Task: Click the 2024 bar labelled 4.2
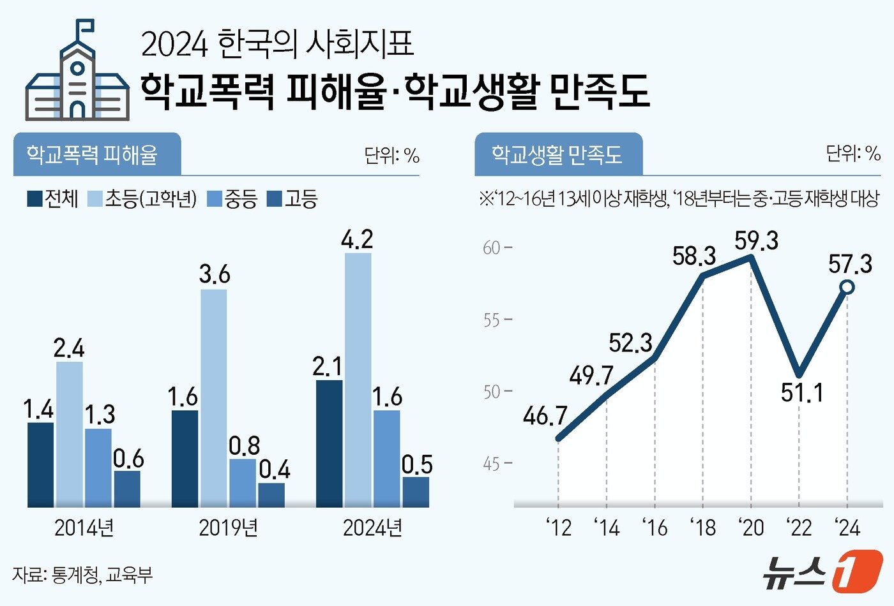pyautogui.click(x=358, y=380)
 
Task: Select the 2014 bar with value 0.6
pyautogui.click(x=127, y=489)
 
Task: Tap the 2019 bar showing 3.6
pyautogui.click(x=213, y=399)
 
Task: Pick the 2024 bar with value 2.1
pyautogui.click(x=329, y=444)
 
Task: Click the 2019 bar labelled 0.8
pyautogui.click(x=242, y=484)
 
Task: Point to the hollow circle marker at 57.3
pyautogui.click(x=847, y=287)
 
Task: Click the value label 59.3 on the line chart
pyautogui.click(x=756, y=241)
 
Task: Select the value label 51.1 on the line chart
pyautogui.click(x=802, y=392)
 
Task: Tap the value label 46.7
pyautogui.click(x=545, y=416)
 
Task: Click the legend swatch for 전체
pyautogui.click(x=34, y=198)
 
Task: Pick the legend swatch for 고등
pyautogui.click(x=274, y=198)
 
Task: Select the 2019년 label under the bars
pyautogui.click(x=228, y=528)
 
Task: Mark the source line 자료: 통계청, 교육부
pyautogui.click(x=82, y=575)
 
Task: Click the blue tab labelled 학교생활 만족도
pyautogui.click(x=557, y=154)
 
